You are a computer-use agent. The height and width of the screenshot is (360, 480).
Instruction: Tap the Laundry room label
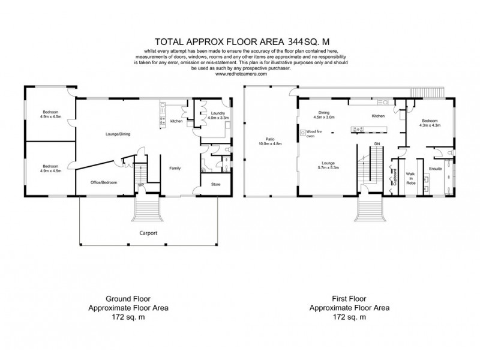217,115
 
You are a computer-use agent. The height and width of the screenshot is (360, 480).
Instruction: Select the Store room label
217,185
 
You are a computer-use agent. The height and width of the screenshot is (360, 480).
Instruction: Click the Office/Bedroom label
100,182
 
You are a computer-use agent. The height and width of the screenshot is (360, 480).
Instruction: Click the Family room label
175,168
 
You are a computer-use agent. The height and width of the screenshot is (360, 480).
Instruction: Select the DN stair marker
377,145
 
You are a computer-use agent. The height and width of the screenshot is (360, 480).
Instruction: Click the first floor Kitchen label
378,115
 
